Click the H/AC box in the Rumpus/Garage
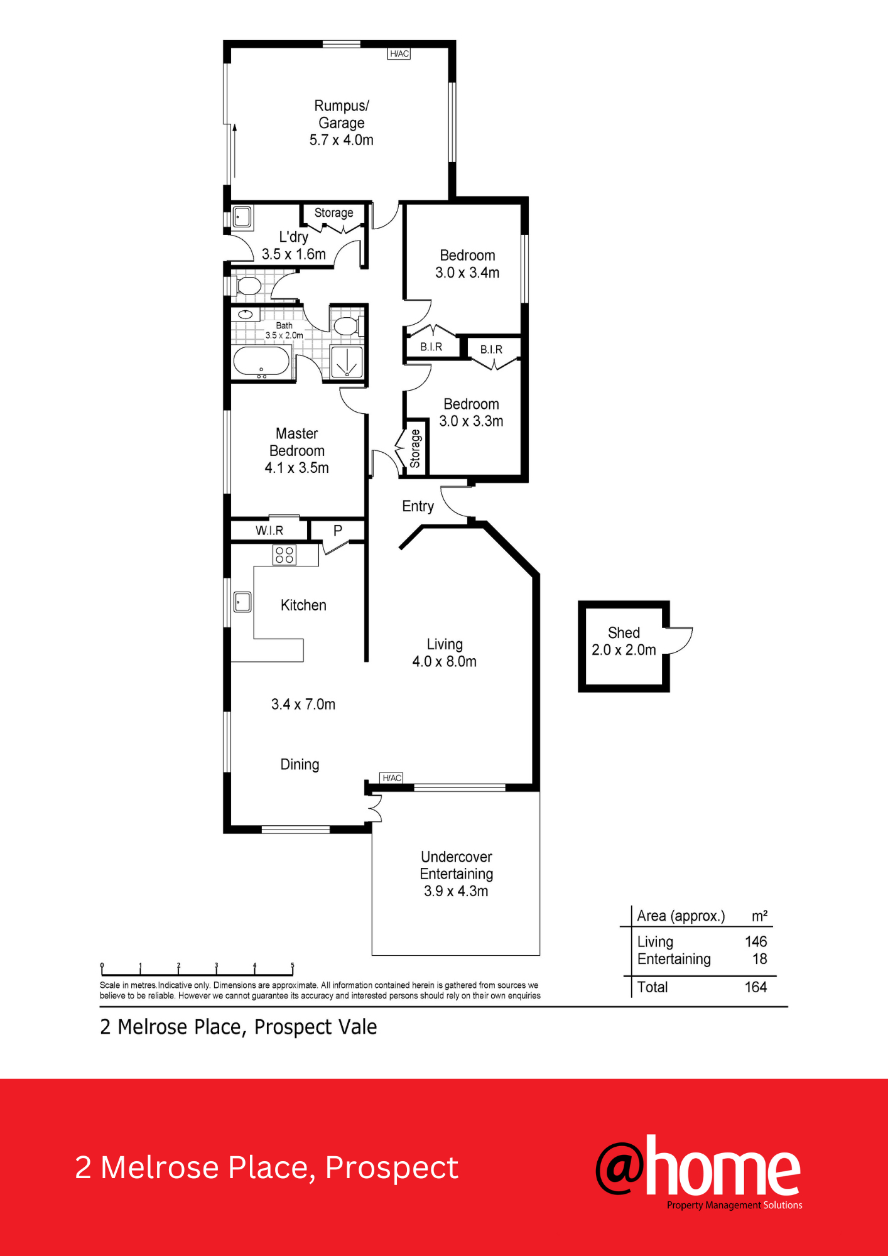click(x=399, y=54)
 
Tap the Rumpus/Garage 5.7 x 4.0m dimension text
click(x=341, y=140)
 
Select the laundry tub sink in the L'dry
click(x=242, y=217)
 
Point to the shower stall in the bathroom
click(x=347, y=362)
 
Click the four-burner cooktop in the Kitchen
click(x=284, y=555)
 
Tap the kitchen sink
click(x=242, y=602)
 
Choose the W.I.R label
click(x=269, y=531)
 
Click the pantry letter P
click(x=338, y=531)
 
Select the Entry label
click(x=418, y=507)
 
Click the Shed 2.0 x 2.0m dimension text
click(x=624, y=650)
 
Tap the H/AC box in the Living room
click(x=392, y=778)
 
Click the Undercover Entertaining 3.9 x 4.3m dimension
click(x=456, y=891)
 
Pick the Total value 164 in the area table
click(x=755, y=987)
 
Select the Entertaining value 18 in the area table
click(x=760, y=959)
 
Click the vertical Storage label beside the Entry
click(x=415, y=448)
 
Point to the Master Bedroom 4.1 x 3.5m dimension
click(x=296, y=468)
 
